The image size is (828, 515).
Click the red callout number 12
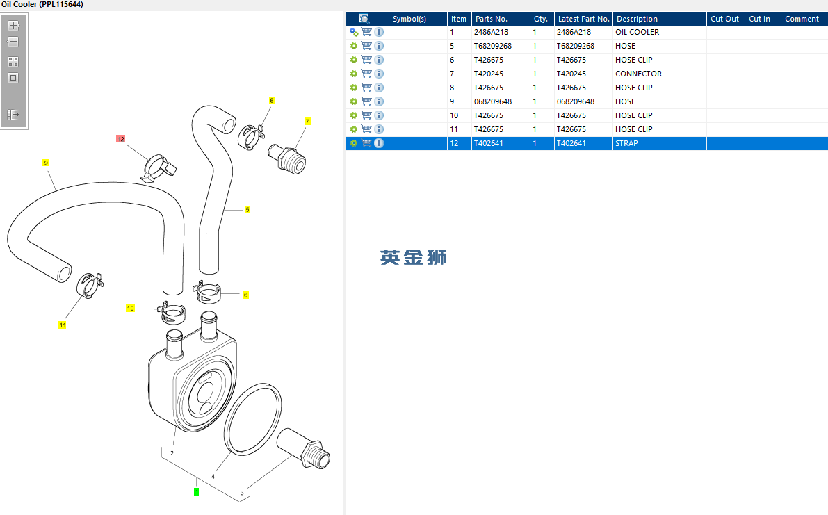coord(121,139)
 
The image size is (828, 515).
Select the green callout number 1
coord(197,491)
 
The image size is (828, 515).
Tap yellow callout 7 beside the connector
coord(307,122)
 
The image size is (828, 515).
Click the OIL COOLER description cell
coord(637,32)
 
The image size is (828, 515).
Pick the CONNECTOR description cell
coord(638,74)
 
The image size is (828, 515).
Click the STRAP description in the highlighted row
coord(626,143)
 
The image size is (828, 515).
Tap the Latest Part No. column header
coord(583,19)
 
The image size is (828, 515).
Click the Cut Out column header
coord(724,19)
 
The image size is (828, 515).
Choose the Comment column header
coord(802,19)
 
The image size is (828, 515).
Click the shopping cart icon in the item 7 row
coord(366,74)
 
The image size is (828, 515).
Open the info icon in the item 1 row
coord(379,32)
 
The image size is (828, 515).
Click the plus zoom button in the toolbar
coord(13,26)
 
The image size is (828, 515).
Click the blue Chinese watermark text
coord(413,257)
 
